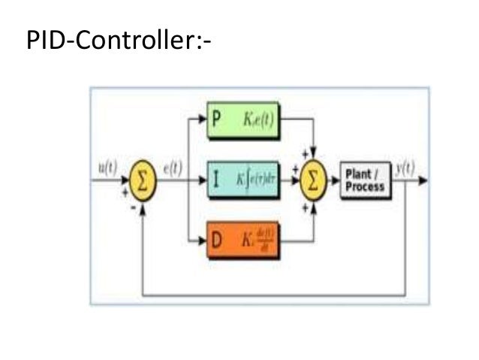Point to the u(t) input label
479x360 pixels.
(107, 167)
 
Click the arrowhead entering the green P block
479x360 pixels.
(208, 121)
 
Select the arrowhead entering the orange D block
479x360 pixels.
(208, 243)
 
